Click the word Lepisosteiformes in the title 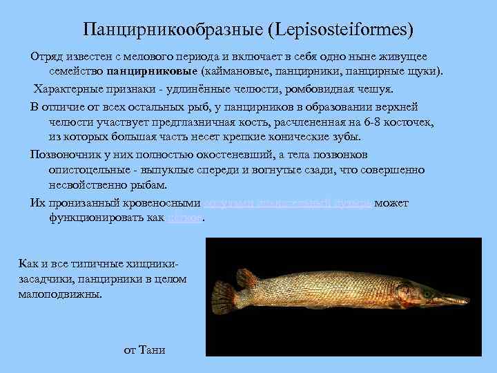pyautogui.click(x=343, y=30)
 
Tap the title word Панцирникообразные pyautogui.click(x=176, y=30)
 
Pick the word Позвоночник pyautogui.click(x=64, y=154)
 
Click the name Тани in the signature pyautogui.click(x=153, y=350)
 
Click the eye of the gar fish pyautogui.click(x=427, y=294)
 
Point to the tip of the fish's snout pyautogui.click(x=469, y=300)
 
